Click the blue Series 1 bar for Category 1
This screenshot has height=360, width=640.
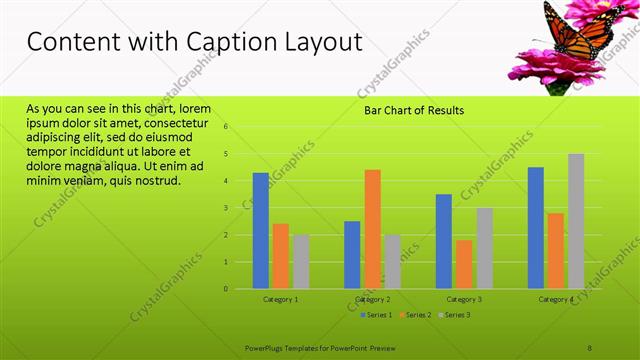(x=260, y=231)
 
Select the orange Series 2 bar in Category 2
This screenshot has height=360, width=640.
(x=372, y=229)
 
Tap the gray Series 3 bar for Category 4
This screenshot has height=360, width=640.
(x=576, y=221)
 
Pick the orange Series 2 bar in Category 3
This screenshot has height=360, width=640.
(x=464, y=264)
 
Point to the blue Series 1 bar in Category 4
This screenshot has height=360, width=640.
(x=536, y=228)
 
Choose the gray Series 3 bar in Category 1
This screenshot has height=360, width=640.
(x=301, y=262)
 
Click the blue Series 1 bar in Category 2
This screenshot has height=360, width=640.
(x=352, y=255)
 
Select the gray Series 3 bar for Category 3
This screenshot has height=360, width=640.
(x=484, y=248)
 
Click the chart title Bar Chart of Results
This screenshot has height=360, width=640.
(x=413, y=110)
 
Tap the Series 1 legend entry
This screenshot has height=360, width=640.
(x=376, y=315)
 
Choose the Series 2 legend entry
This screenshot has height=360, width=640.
(x=417, y=315)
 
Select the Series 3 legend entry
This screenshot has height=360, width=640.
(x=456, y=315)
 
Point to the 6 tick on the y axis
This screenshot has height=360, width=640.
(x=227, y=127)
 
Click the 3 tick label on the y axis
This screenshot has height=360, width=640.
(x=227, y=208)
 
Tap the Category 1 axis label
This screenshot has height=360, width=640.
(x=281, y=299)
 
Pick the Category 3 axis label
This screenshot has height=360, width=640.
(x=464, y=299)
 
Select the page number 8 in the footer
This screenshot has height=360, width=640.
(x=590, y=347)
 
